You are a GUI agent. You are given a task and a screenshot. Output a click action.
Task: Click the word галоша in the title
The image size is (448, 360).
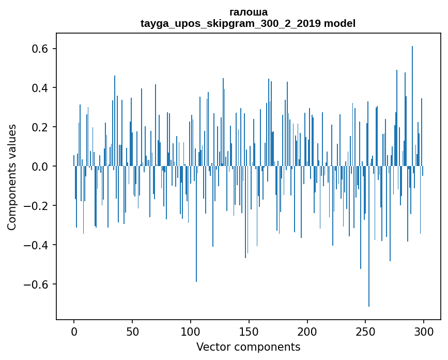[x=248, y=12]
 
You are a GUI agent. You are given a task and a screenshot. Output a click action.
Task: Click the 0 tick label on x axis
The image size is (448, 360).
[x=74, y=331]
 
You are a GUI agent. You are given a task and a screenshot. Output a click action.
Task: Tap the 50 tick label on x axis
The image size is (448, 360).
[x=132, y=331]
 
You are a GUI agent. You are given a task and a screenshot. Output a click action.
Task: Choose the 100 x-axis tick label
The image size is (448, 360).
[x=191, y=331]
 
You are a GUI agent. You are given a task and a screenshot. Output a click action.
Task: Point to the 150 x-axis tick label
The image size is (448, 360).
[x=249, y=331]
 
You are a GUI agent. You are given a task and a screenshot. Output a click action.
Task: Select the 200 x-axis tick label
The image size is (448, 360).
[x=307, y=331]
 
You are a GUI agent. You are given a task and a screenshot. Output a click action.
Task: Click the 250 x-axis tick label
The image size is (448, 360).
[x=365, y=331]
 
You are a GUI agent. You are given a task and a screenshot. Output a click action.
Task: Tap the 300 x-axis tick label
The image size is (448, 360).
[x=424, y=331]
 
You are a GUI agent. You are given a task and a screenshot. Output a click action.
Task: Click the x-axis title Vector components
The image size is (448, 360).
[x=248, y=347]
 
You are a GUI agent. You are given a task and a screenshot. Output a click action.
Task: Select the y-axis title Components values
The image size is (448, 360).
[x=12, y=177]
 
